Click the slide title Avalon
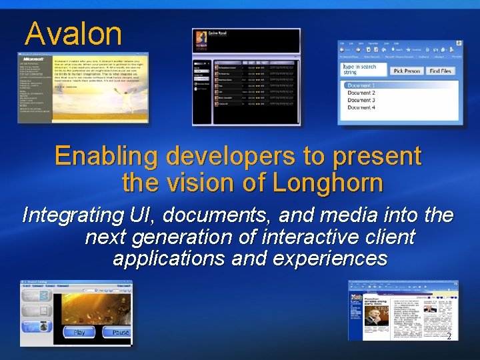73,33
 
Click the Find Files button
440,71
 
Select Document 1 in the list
361,85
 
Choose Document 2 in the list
361,93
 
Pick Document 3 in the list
361,100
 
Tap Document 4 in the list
361,107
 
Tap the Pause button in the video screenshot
121,332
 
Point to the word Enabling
107,156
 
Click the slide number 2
449,337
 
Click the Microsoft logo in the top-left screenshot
33,59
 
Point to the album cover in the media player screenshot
200,42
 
